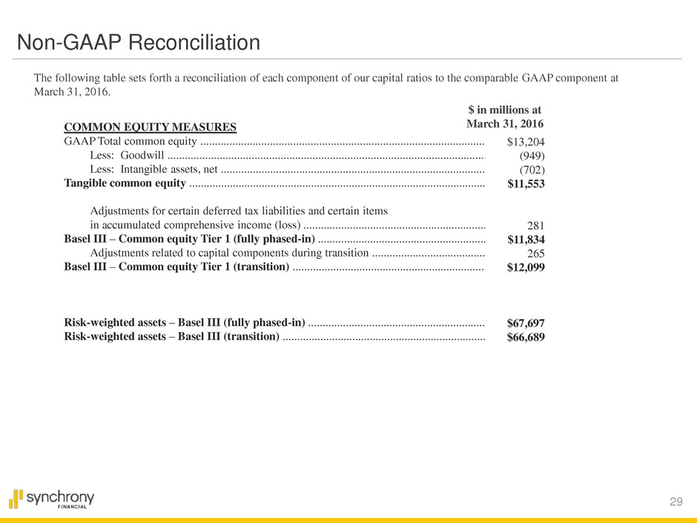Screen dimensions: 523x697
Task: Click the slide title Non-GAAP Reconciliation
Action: point(139,43)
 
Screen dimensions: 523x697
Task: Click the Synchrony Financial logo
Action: point(52,499)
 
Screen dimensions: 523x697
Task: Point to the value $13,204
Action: point(526,142)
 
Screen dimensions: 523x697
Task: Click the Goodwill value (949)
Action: point(532,157)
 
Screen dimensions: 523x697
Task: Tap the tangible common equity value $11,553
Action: point(526,185)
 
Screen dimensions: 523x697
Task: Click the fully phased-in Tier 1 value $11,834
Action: point(526,240)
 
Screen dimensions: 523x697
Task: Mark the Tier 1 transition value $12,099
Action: point(526,268)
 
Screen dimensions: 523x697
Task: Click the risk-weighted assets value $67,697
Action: point(526,323)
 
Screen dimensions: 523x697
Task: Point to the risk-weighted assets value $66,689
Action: point(526,338)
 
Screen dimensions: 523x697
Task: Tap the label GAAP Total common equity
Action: point(131,142)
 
